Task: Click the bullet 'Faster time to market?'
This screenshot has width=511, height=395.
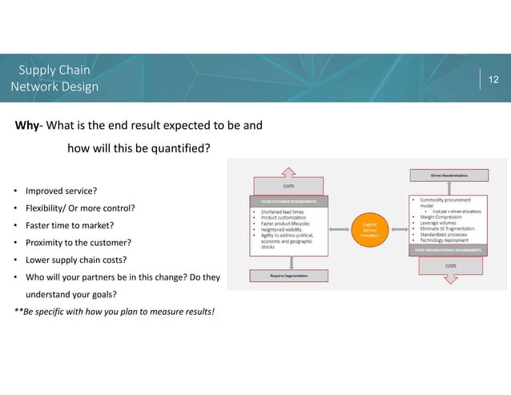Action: click(x=69, y=225)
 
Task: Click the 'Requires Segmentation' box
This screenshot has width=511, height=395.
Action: click(x=289, y=275)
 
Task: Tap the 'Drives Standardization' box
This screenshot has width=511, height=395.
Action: click(x=449, y=174)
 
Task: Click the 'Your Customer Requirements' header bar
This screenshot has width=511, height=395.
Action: click(x=289, y=200)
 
